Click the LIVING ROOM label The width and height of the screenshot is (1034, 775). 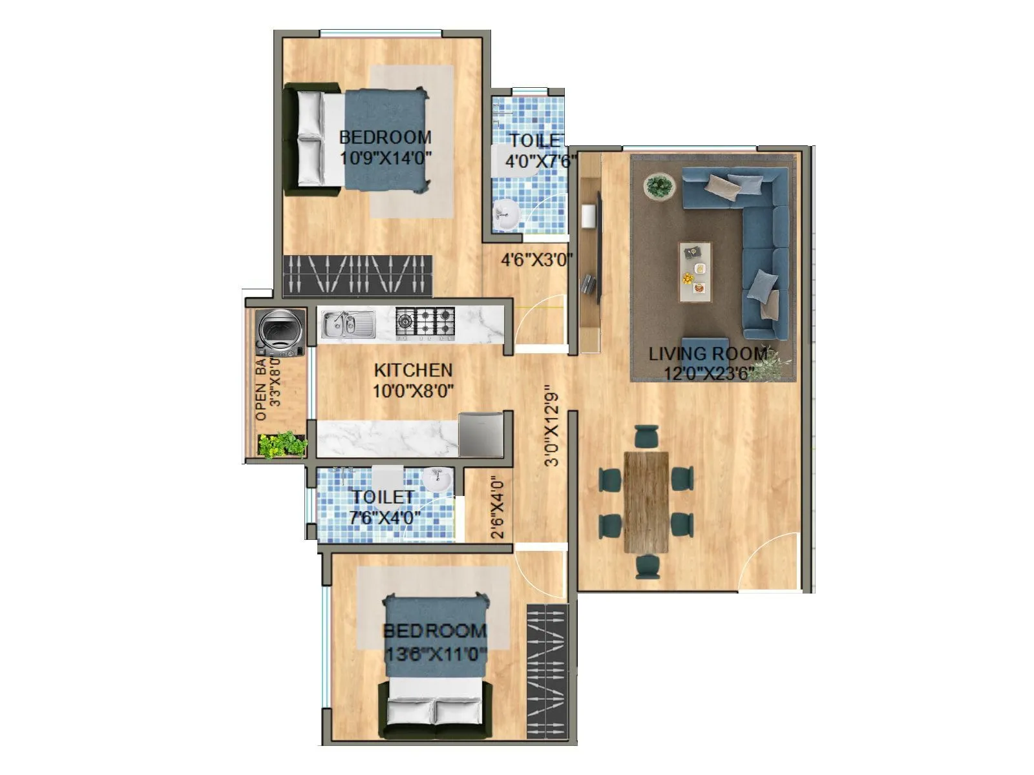708,354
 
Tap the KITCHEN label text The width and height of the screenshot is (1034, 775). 413,370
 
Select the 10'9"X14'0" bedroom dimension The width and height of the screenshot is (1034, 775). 385,158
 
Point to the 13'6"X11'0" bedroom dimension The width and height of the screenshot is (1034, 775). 435,654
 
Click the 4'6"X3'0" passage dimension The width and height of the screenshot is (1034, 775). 537,260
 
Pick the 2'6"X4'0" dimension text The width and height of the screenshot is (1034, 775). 497,508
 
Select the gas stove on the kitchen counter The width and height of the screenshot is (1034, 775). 425,323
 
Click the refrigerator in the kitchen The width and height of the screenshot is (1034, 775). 481,434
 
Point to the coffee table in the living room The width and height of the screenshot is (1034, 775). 695,272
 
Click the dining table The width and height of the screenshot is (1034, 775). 646,502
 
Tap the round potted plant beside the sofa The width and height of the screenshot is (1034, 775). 658,186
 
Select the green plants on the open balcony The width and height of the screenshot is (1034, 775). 282,444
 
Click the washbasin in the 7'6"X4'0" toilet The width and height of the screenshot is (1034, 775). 438,481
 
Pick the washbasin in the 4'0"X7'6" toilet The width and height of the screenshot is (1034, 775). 506,214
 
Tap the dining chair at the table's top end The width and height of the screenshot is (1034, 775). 646,437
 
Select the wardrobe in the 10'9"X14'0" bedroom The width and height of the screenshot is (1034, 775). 357,276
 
